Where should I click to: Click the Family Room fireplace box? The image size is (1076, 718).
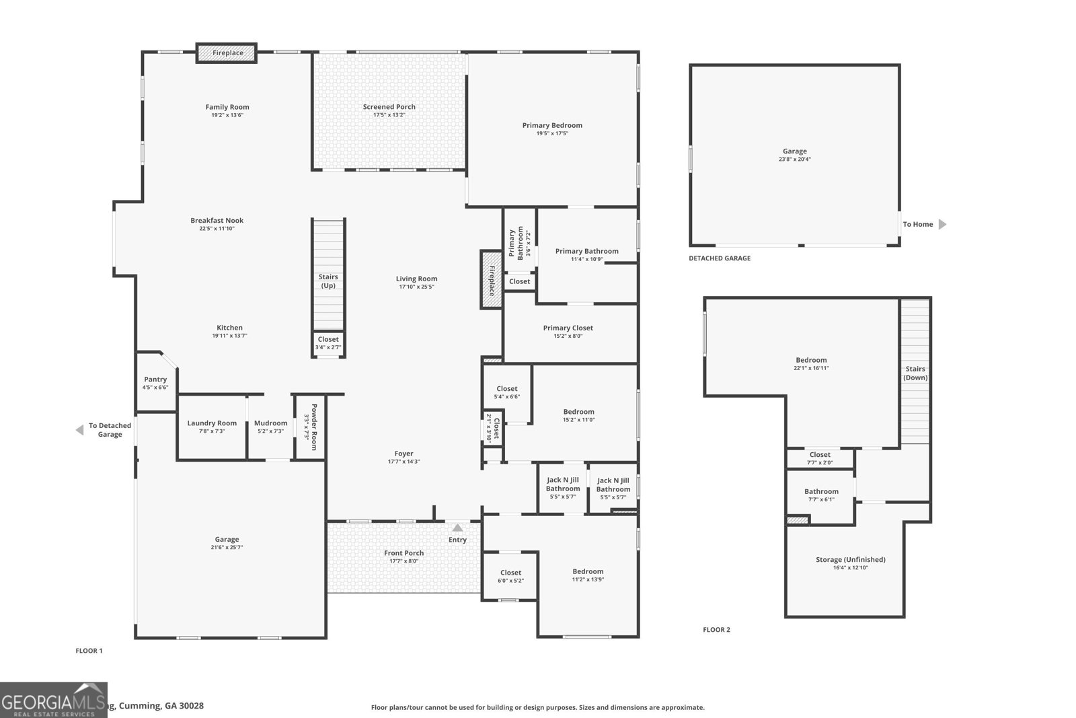tap(227, 53)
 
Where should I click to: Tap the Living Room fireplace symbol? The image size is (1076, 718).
tap(491, 280)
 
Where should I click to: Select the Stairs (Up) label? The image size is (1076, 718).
tap(328, 281)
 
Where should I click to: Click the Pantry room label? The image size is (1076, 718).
tap(155, 380)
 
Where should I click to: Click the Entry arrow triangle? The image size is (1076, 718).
tap(457, 528)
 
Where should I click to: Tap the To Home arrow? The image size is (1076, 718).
tap(942, 224)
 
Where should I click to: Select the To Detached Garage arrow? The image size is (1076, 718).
tap(79, 430)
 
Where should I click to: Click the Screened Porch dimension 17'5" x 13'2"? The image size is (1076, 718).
tap(389, 115)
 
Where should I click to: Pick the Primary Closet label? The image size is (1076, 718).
tap(568, 328)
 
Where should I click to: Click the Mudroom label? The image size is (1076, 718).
tap(270, 423)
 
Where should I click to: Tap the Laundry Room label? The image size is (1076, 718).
tap(212, 423)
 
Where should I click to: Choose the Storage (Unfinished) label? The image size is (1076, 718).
tap(850, 560)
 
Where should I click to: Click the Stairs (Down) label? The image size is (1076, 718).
tap(915, 373)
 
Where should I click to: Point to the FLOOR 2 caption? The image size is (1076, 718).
tap(716, 630)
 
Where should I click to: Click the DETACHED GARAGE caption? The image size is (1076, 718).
tap(719, 258)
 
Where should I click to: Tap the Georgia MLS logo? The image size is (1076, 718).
tap(54, 700)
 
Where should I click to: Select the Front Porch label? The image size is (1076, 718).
tap(403, 553)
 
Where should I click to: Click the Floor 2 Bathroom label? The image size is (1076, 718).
tap(821, 491)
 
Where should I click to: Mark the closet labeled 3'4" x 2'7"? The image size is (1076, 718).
tap(328, 343)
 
